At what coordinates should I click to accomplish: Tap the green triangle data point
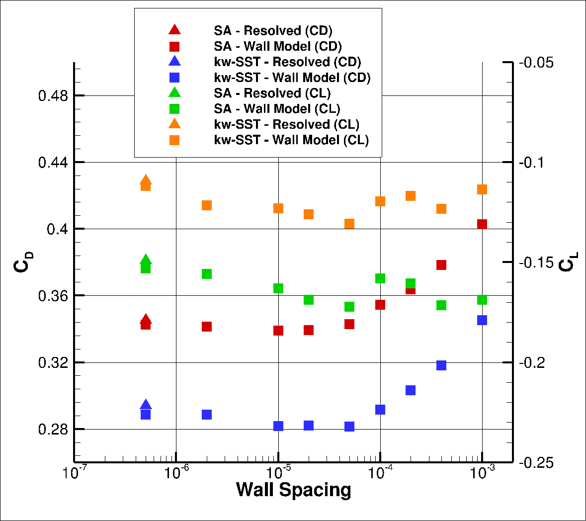pos(146,259)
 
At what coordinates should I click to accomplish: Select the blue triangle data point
pos(146,405)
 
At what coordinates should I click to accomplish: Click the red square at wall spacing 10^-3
pos(482,224)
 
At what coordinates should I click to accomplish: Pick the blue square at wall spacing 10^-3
pos(482,320)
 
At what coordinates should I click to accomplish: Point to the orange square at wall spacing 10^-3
pos(482,189)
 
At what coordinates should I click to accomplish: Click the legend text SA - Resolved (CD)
pos(273,31)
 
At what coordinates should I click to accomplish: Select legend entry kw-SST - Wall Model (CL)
pos(291,140)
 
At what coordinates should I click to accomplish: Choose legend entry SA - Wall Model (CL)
pos(277,108)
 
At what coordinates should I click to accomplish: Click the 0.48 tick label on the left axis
pos(53,95)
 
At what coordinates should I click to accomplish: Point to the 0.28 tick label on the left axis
pos(53,429)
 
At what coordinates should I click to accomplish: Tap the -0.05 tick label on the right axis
pos(536,63)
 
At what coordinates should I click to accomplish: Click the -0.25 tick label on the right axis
pos(536,463)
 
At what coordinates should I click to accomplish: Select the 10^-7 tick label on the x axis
pos(75,473)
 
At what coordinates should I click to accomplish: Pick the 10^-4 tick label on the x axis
pos(380,473)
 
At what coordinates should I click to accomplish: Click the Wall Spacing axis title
pos(293,490)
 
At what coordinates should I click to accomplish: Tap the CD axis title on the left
pos(23,262)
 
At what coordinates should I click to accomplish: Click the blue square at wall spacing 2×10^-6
pos(207,415)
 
